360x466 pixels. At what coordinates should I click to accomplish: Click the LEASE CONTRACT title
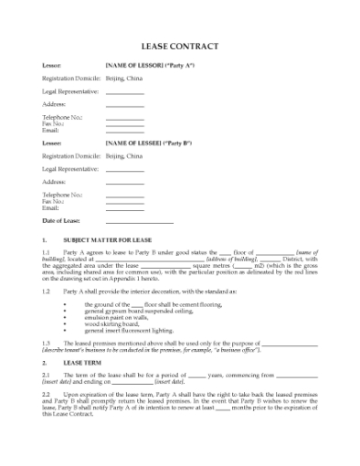pos(179,46)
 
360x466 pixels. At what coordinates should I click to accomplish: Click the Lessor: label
pos(52,66)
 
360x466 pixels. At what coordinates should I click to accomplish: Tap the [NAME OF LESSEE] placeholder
pos(133,143)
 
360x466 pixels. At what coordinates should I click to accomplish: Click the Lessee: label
pos(52,143)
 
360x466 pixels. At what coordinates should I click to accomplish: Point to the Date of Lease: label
pos(62,220)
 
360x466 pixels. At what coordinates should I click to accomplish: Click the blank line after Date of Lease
pos(139,221)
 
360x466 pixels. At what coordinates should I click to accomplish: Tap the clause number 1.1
pos(47,251)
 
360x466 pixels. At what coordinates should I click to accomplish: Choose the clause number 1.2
pos(47,291)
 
